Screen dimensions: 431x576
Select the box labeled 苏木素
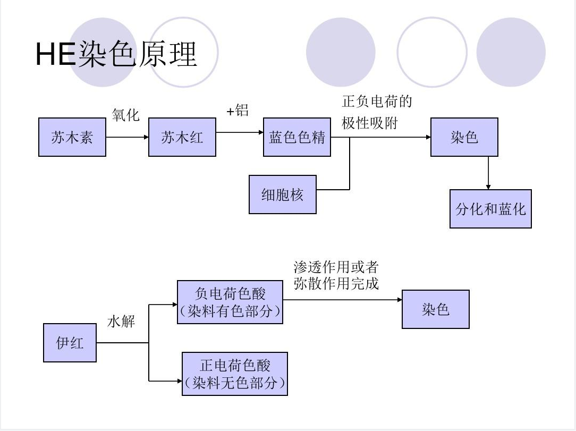pyautogui.click(x=72, y=138)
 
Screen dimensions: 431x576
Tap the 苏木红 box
pyautogui.click(x=182, y=138)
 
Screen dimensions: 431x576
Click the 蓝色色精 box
pyautogui.click(x=297, y=138)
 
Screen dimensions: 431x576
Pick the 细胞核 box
pyautogui.click(x=283, y=195)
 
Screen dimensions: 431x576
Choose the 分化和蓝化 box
pyautogui.click(x=490, y=209)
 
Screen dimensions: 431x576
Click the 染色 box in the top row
pyautogui.click(x=464, y=138)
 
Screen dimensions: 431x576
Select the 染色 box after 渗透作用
pyautogui.click(x=435, y=309)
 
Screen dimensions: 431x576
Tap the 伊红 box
pyautogui.click(x=70, y=343)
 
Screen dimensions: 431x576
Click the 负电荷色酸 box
pyautogui.click(x=230, y=302)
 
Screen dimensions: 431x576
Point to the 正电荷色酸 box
pyautogui.click(x=234, y=374)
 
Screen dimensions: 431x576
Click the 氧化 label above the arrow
pyautogui.click(x=125, y=114)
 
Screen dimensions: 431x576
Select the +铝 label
pyautogui.click(x=238, y=111)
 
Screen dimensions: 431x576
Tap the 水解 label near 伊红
pyautogui.click(x=121, y=322)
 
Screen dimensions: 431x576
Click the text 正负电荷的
pyautogui.click(x=377, y=101)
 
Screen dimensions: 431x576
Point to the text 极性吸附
pyautogui.click(x=370, y=123)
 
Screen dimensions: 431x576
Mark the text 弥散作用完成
pyautogui.click(x=336, y=284)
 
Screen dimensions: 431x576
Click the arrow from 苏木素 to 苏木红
pyautogui.click(x=127, y=137)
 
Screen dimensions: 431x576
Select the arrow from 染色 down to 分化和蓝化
pyautogui.click(x=488, y=173)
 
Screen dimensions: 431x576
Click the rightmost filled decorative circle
pyautogui.click(x=511, y=52)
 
